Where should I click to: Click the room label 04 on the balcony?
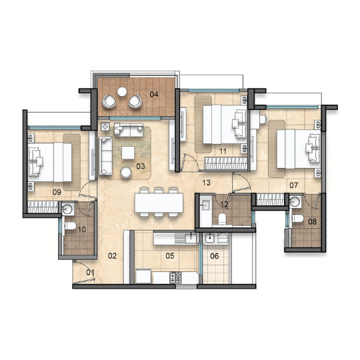point(154,94)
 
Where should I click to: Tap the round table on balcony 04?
point(122,91)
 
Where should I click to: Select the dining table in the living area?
point(159,203)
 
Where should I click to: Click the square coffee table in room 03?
point(128,153)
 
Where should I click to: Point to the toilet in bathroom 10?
point(70,226)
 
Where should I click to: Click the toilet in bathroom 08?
point(298,219)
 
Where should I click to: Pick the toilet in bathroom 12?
point(222,219)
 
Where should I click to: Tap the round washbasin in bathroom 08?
point(295,202)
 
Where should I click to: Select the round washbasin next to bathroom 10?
point(67,209)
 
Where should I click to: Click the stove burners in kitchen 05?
point(175,277)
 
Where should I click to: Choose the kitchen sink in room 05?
point(191,238)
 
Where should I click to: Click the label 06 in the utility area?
point(215,256)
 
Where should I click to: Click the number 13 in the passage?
point(206,183)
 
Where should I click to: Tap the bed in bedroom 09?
point(50,162)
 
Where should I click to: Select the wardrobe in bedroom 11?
point(226,163)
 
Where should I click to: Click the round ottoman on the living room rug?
point(126,172)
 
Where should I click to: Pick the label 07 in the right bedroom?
point(293,185)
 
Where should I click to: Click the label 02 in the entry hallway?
point(112,256)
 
